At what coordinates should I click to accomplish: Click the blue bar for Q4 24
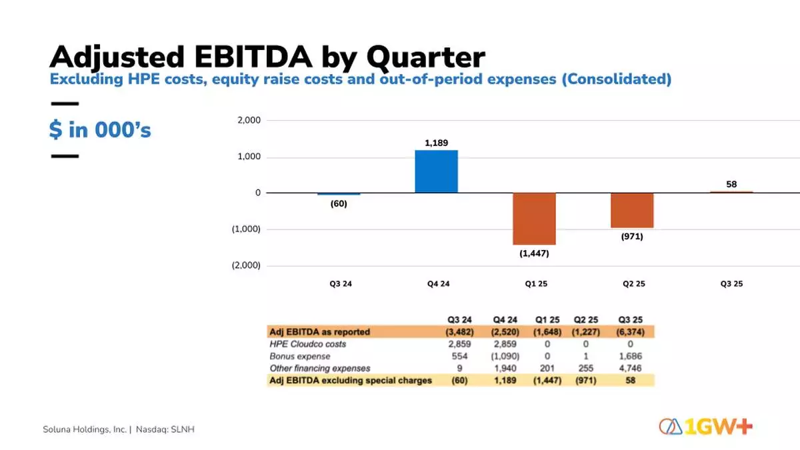pos(436,171)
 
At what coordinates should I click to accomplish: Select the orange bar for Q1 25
pos(534,219)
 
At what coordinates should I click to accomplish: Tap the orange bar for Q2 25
pos(632,210)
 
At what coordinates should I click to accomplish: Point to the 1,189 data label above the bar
pos(436,143)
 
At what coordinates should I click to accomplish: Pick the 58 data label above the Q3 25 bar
pos(731,184)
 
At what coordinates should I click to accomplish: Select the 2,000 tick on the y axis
pos(248,121)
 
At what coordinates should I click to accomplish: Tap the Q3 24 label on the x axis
pos(340,283)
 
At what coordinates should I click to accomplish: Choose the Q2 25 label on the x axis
pos(634,283)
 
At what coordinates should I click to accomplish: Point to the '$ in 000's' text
pos(100,129)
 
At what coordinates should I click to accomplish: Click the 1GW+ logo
pos(706,427)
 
